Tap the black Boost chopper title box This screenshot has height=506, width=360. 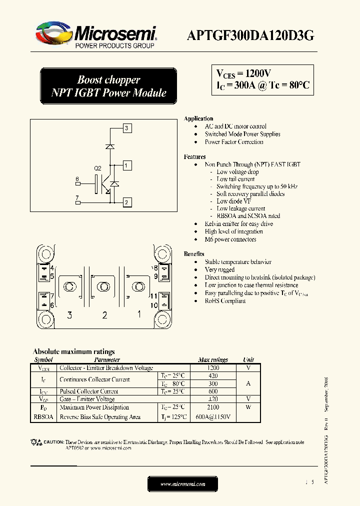pos(108,86)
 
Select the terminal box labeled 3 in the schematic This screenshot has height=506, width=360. pos(127,128)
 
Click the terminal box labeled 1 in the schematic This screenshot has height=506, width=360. pos(127,165)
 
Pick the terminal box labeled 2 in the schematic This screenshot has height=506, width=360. pos(127,202)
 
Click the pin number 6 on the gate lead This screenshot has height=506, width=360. pos(77,179)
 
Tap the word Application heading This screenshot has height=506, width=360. pos(198,118)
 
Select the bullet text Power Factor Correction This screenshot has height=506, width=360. pos(233,142)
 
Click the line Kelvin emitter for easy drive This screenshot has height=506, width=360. pos(238,224)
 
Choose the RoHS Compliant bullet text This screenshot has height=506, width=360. pos(225,301)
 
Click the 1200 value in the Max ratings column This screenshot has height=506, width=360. pos(212,368)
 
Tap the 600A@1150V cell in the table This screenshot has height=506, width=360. pos(212,417)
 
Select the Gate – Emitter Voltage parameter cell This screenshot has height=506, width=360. pos(87,399)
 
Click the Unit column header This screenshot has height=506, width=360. pos(248,359)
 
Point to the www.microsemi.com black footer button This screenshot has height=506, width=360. pos(183,484)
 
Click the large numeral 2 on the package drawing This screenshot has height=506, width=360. pos(104,315)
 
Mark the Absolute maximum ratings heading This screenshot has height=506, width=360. pos(73,351)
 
